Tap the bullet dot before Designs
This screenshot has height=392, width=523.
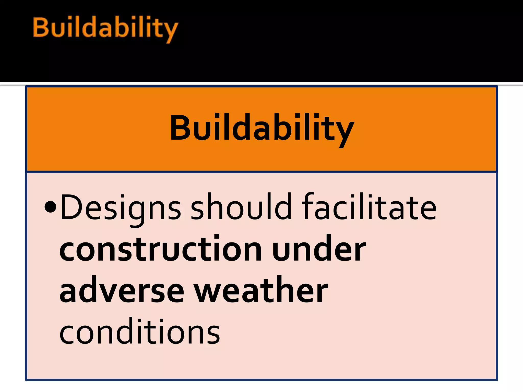[x=50, y=207]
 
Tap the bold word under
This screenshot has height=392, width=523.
[x=319, y=249]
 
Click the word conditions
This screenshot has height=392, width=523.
[x=139, y=332]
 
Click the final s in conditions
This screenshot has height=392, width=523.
[x=213, y=333]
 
